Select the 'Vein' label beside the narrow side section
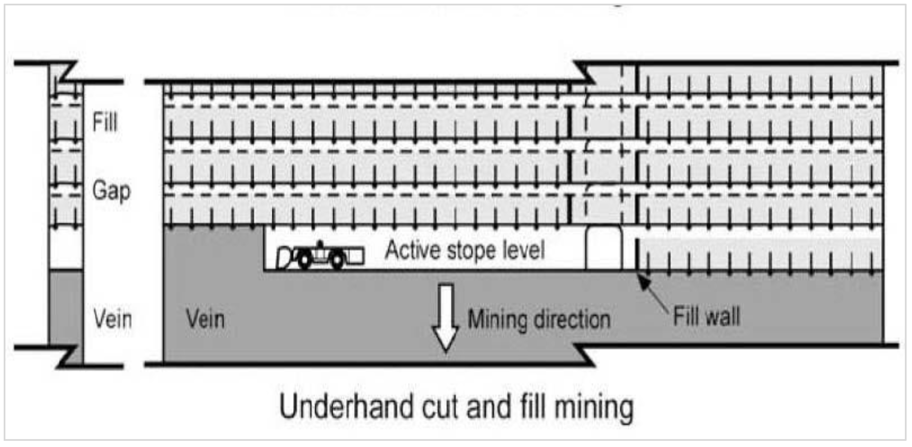[x=112, y=318]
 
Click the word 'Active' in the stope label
[x=411, y=250]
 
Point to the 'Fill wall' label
[x=706, y=316]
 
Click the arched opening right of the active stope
[x=604, y=248]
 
